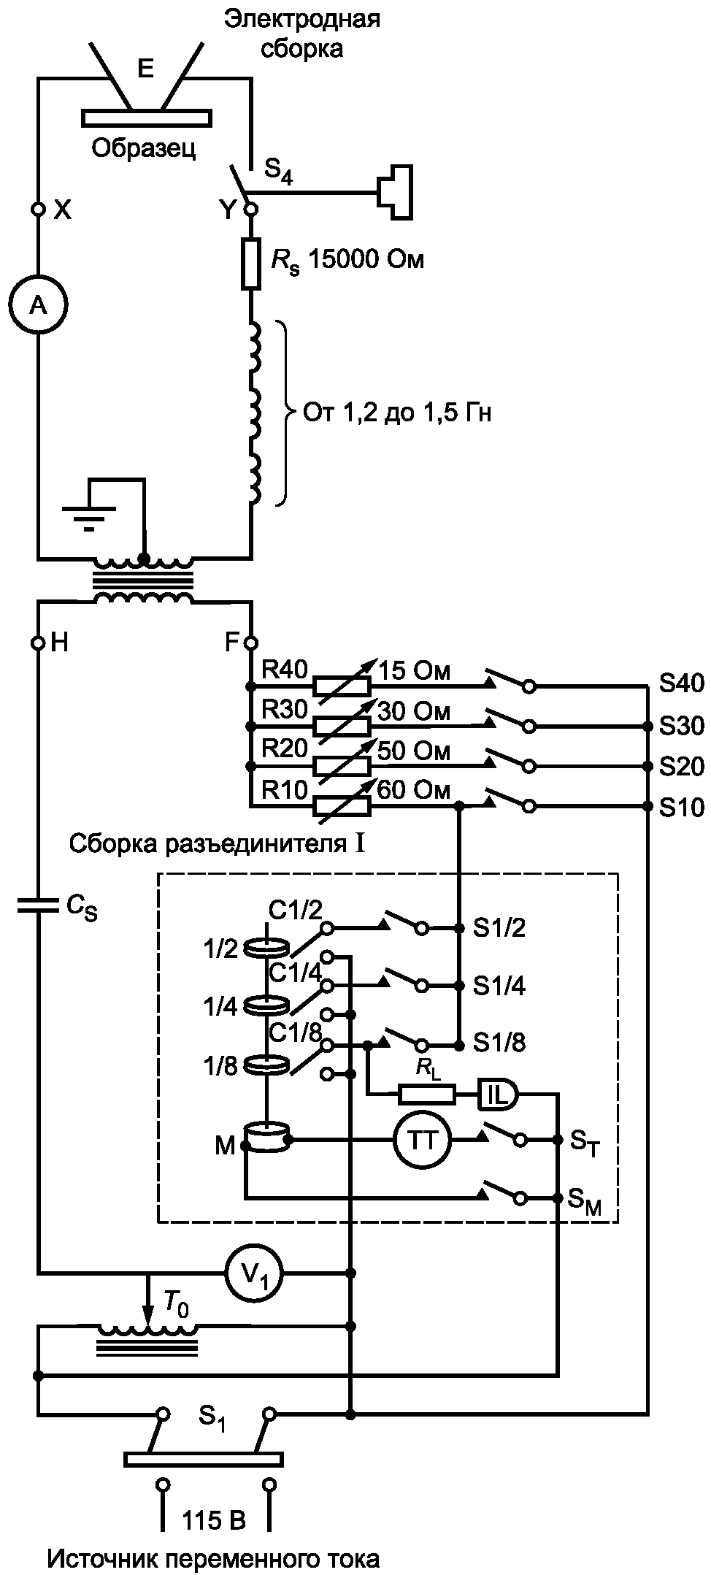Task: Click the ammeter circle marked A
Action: click(36, 306)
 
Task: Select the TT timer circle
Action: click(422, 1140)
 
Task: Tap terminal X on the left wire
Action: click(37, 210)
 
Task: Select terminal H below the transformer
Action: click(37, 643)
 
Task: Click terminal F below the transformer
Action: click(250, 643)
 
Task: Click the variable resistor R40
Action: click(342, 686)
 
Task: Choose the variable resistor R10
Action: click(342, 807)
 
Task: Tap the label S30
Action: click(681, 726)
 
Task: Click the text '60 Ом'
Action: click(414, 790)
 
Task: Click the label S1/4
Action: click(499, 986)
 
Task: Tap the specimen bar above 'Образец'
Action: click(147, 118)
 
